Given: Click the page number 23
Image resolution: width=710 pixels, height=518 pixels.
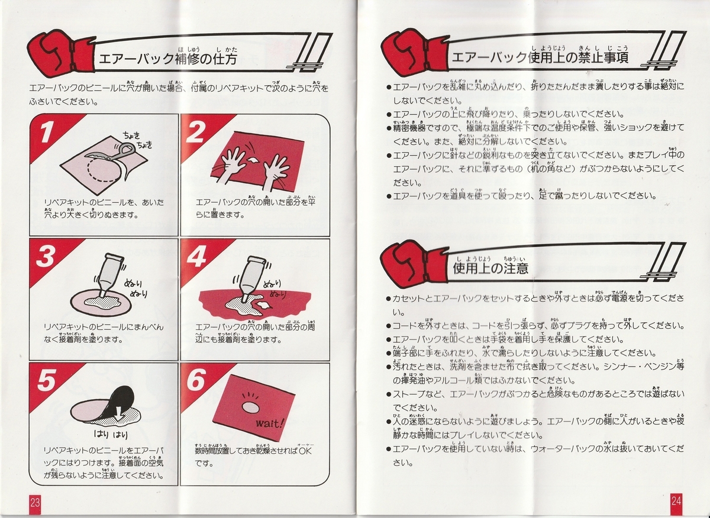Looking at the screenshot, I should [35, 502].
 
